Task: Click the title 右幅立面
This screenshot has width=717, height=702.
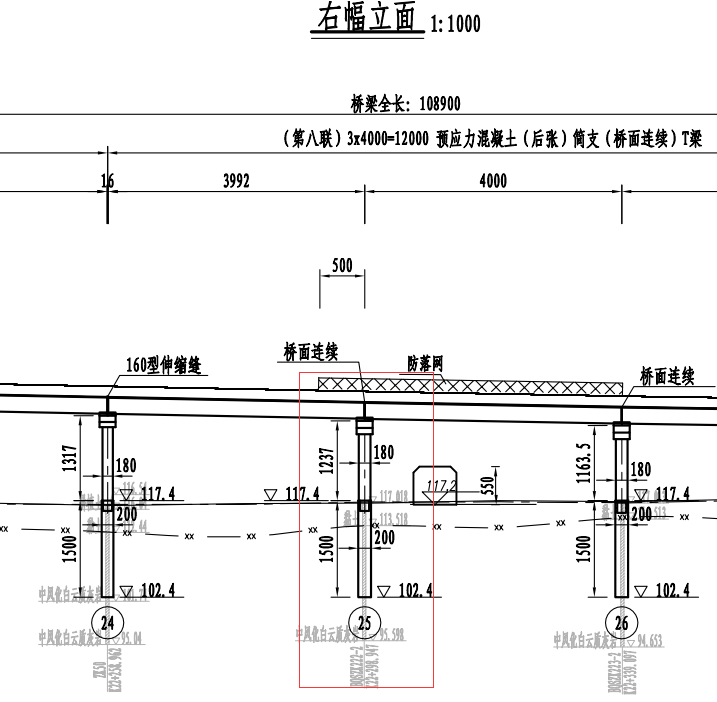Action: [x=369, y=18]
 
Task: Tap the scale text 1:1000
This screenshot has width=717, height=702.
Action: [x=455, y=24]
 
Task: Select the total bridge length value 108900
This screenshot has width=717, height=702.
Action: [x=432, y=104]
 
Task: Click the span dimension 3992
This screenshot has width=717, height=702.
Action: [x=236, y=181]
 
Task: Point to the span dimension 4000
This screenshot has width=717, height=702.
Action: [x=493, y=181]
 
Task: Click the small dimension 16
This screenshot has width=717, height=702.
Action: [x=107, y=181]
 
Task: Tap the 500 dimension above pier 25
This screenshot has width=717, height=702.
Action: [x=342, y=266]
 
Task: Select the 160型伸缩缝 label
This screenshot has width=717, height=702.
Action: [x=164, y=366]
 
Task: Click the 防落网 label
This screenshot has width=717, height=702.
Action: [x=425, y=361]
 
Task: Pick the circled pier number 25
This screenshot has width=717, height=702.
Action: [x=365, y=617]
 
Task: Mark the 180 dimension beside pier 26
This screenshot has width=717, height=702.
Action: [x=639, y=469]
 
